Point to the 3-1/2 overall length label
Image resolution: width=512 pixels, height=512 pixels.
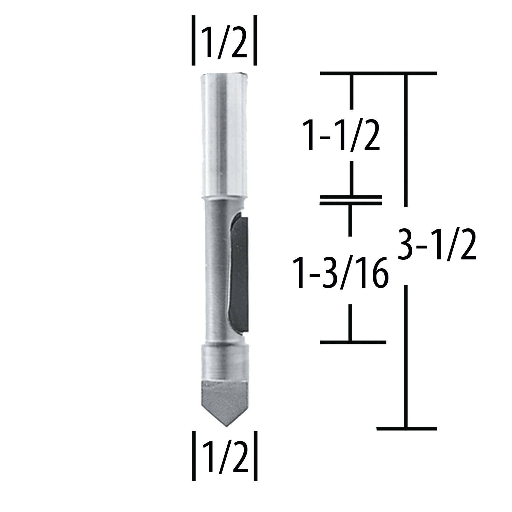point(437,245)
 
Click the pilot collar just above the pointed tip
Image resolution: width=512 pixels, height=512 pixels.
point(225,362)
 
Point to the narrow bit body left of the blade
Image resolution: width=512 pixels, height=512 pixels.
point(215,273)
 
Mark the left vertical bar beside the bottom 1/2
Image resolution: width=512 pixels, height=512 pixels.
point(193,456)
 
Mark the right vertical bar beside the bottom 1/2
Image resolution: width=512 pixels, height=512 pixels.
point(255,456)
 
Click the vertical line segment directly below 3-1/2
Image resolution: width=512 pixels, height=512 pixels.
point(406,355)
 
